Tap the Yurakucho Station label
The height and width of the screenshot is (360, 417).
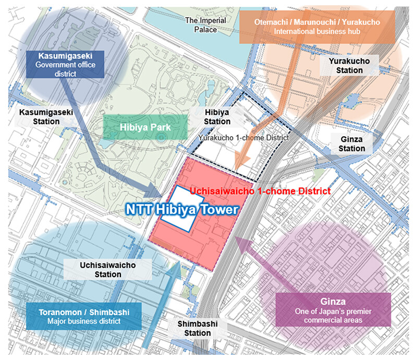point(349,66)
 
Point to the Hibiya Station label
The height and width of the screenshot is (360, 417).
point(217,117)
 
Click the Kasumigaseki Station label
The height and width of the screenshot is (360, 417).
point(39,117)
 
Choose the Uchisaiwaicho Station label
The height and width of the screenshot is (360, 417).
point(108,270)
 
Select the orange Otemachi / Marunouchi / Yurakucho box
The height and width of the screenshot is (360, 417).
point(317,27)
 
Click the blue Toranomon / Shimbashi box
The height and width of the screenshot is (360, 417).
point(76,316)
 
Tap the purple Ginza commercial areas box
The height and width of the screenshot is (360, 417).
point(333,309)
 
